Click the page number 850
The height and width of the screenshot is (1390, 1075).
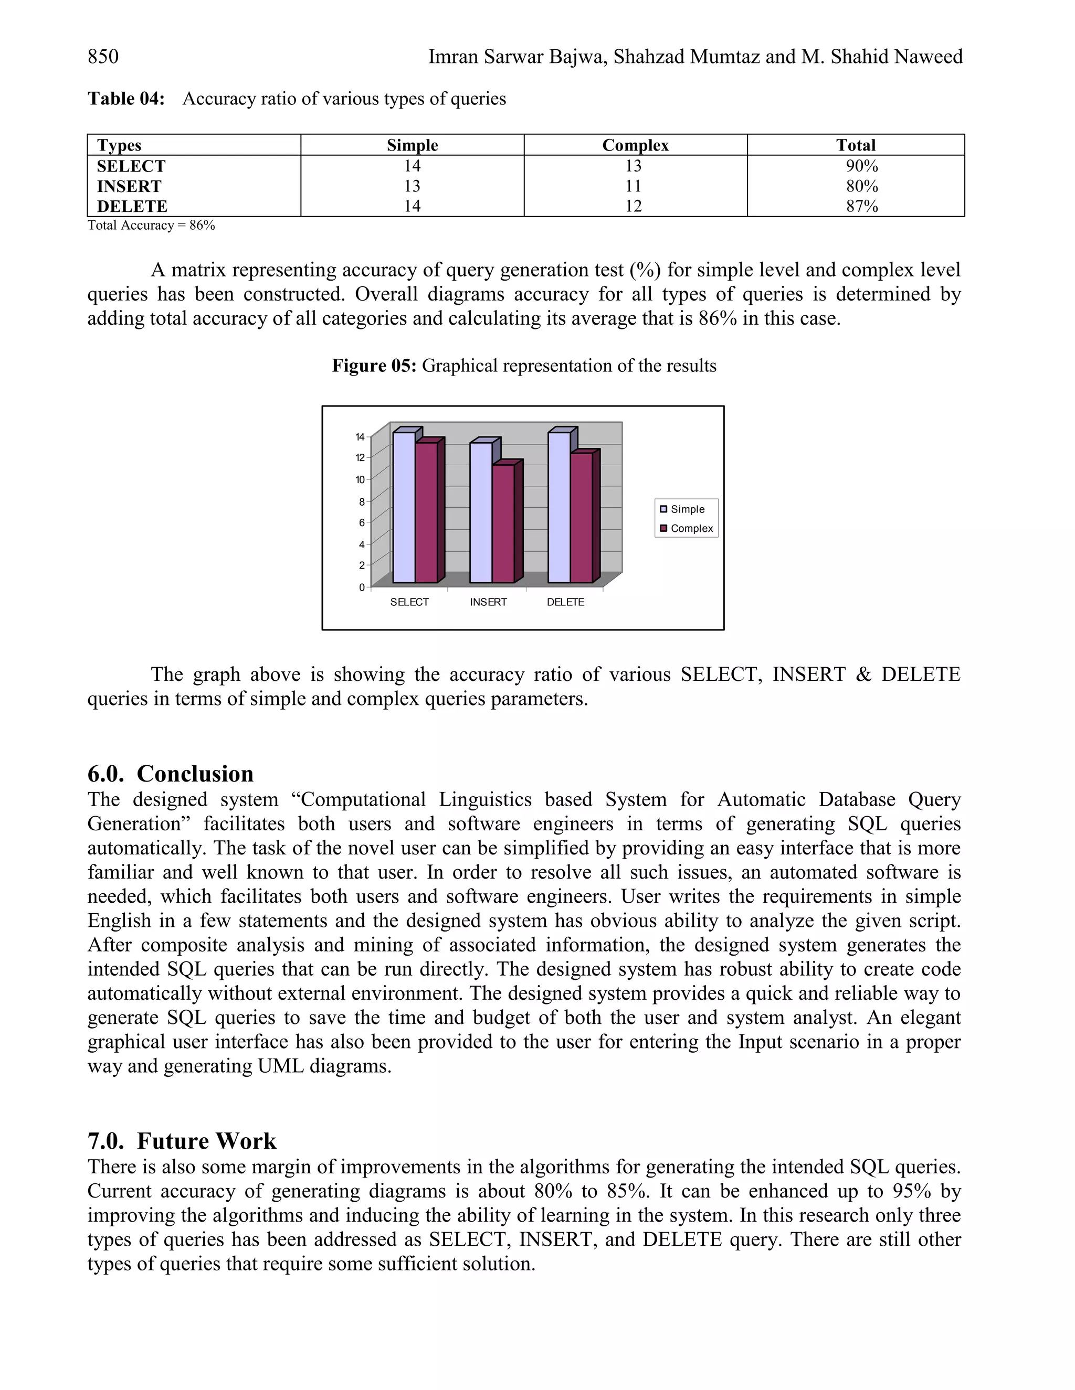coord(103,57)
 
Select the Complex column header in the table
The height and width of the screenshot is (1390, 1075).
coord(635,145)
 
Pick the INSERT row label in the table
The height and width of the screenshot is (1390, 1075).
coord(129,187)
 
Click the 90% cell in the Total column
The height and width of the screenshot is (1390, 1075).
coord(862,166)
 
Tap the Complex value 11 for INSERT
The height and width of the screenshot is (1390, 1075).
coord(633,187)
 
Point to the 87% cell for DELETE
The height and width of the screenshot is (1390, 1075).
coord(862,206)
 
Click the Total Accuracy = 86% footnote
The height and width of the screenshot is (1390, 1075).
coord(151,226)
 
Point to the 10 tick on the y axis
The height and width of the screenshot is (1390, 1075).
coord(360,480)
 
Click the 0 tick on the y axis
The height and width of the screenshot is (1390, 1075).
coord(361,587)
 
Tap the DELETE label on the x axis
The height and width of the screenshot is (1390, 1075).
coord(565,602)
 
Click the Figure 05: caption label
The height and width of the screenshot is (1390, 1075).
coord(374,366)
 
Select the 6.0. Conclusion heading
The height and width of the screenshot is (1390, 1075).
coord(170,774)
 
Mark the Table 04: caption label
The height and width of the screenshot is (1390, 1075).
coord(126,99)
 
